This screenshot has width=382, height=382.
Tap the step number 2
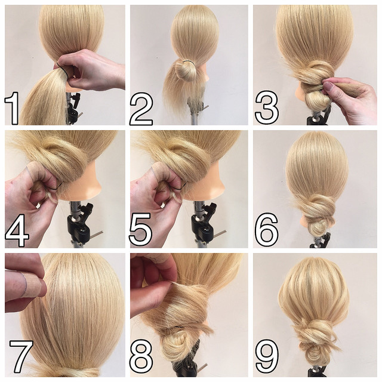(141, 108)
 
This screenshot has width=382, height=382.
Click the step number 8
(141, 356)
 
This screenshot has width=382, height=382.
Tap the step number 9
(267, 356)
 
